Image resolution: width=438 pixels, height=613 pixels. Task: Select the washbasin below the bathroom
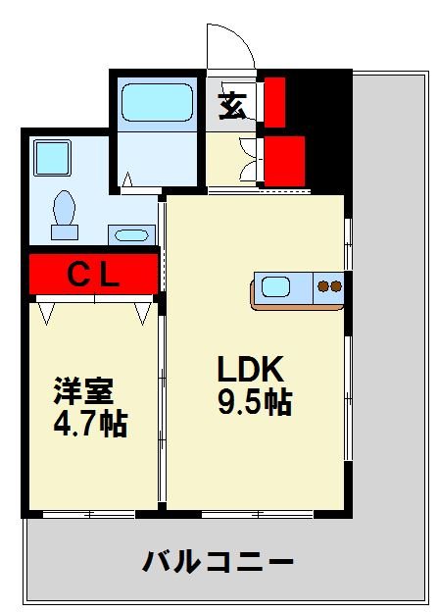(130, 234)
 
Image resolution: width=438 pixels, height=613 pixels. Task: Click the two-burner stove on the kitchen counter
(328, 288)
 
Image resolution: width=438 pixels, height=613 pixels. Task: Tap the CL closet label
(93, 276)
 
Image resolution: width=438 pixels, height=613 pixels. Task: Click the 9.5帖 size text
(254, 401)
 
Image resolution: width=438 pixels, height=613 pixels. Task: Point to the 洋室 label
(83, 390)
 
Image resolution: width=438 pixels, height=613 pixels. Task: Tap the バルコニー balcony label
(218, 562)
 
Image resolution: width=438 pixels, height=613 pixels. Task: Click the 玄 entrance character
(232, 105)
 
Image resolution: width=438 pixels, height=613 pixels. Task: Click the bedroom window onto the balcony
(88, 513)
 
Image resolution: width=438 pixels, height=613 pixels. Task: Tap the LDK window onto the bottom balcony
(257, 513)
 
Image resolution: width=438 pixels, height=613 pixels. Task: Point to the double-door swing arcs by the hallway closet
(249, 157)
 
